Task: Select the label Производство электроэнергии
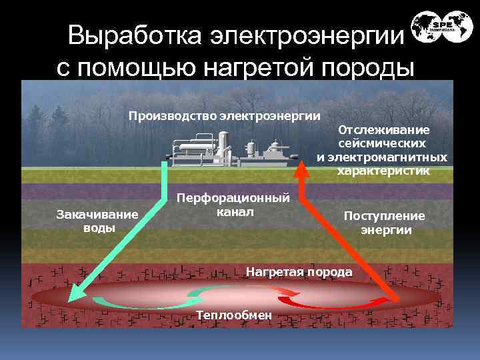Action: point(224,116)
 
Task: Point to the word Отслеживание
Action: point(383,130)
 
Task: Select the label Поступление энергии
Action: point(384,223)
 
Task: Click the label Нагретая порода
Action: point(299,272)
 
